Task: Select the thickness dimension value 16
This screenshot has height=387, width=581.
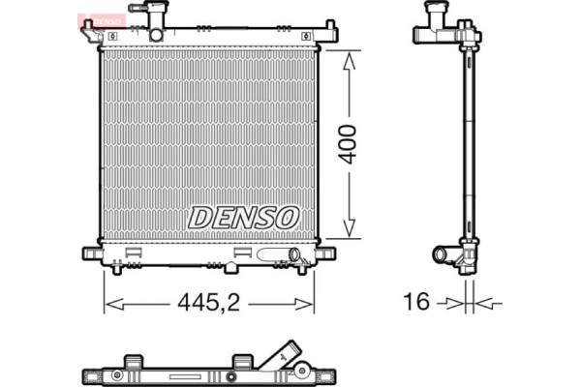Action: click(x=417, y=304)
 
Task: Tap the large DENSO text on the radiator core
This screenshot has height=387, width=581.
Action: click(x=243, y=217)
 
